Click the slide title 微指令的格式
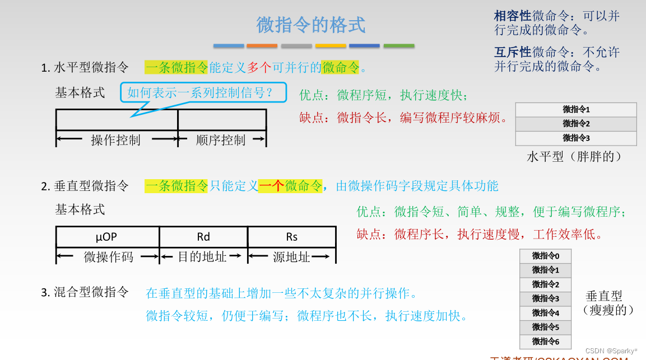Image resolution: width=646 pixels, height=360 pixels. click(311, 25)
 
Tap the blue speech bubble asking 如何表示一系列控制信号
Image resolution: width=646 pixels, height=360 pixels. click(203, 93)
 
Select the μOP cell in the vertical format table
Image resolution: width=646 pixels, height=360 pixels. click(107, 237)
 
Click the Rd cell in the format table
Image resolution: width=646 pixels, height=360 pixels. click(203, 237)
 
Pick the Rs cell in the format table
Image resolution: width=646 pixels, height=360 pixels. click(291, 237)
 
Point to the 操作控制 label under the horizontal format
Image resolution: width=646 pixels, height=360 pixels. click(115, 140)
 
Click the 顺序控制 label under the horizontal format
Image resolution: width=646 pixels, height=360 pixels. click(221, 140)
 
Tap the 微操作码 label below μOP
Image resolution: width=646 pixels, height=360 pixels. click(109, 257)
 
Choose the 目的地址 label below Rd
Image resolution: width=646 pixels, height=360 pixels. click(202, 257)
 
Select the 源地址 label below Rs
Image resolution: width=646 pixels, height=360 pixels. click(291, 257)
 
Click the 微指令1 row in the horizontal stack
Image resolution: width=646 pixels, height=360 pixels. click(576, 110)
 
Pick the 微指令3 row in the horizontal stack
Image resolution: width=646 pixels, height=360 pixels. click(576, 138)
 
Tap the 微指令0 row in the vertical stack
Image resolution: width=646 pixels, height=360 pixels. click(545, 256)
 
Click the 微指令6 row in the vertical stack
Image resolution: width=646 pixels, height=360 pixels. click(545, 342)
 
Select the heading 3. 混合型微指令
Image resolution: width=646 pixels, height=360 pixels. click(85, 292)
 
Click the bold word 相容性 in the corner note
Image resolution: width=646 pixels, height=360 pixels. click(513, 16)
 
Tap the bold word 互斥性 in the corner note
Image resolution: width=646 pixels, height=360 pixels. click(513, 53)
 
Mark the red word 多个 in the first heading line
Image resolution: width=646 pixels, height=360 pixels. click(259, 68)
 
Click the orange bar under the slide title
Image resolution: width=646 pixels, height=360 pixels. click(262, 46)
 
